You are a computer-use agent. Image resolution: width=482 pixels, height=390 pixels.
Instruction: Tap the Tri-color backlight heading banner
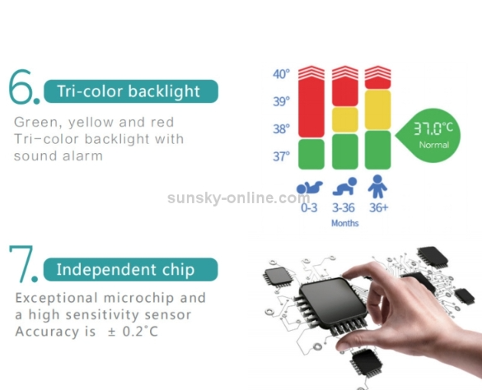[x=131, y=91]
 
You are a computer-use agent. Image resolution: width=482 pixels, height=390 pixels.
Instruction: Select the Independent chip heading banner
[x=130, y=270]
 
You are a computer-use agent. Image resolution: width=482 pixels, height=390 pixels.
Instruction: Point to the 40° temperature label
[x=281, y=74]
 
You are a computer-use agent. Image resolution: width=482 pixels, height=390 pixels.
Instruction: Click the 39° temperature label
[x=281, y=101]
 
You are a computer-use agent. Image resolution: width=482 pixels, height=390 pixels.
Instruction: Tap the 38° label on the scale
[x=281, y=129]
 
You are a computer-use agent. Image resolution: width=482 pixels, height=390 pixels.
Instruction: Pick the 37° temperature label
[x=281, y=156]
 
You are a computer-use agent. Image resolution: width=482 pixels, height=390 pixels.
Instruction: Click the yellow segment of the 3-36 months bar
[x=345, y=120]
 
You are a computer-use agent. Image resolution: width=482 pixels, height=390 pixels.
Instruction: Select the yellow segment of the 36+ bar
[x=378, y=109]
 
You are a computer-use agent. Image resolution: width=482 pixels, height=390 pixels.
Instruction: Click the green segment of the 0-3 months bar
[x=311, y=154]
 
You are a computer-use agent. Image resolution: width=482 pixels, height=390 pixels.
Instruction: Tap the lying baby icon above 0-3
[x=310, y=188]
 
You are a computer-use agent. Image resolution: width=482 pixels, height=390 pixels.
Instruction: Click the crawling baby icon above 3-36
[x=344, y=186]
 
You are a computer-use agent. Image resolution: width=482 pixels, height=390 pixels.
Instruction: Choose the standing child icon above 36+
[x=377, y=187]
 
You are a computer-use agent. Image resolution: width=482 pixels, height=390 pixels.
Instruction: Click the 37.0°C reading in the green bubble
[x=433, y=128]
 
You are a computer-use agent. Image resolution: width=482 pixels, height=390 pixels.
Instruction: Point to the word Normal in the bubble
[x=434, y=145]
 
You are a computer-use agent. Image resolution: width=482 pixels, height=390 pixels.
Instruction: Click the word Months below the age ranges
[x=345, y=223]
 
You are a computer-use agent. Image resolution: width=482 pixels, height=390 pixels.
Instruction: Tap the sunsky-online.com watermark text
[x=239, y=197]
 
